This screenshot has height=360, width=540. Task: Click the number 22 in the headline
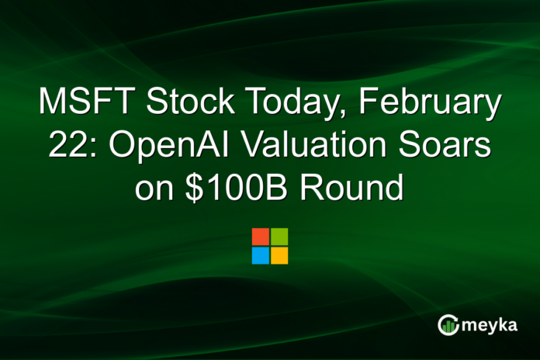(66, 147)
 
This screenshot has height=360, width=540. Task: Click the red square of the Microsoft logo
(261, 237)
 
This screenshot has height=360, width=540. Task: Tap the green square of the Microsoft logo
(279, 237)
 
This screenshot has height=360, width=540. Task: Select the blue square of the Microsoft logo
(261, 255)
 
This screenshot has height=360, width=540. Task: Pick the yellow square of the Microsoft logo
(279, 255)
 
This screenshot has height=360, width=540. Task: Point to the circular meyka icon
(448, 325)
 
